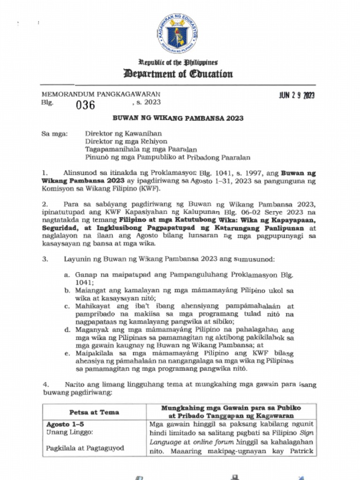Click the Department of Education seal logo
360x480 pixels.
pyautogui.click(x=178, y=33)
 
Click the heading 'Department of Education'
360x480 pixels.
pyautogui.click(x=178, y=74)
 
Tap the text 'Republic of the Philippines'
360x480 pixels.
pyautogui.click(x=178, y=62)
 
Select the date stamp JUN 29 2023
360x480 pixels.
pyautogui.click(x=297, y=96)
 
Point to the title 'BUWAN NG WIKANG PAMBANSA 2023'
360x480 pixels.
pyautogui.click(x=178, y=119)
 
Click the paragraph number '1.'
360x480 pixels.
pyautogui.click(x=45, y=172)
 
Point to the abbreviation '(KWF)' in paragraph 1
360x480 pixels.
pyautogui.click(x=149, y=188)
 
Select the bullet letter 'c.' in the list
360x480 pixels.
pyautogui.click(x=67, y=306)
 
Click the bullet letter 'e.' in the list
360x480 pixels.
pyautogui.click(x=67, y=353)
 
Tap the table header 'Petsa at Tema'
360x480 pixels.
pyautogui.click(x=94, y=412)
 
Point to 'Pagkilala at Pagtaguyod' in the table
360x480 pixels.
pyautogui.click(x=85, y=448)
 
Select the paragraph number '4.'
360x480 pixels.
pyautogui.click(x=45, y=384)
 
